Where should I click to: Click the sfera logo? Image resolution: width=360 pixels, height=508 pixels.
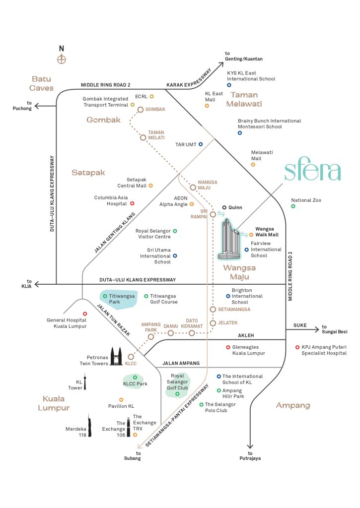pos(312,171)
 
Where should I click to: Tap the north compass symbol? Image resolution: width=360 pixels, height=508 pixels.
pos(62,60)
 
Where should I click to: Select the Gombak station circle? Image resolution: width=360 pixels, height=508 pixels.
pos(141,110)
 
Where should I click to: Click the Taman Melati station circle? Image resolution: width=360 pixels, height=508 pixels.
pos(143,137)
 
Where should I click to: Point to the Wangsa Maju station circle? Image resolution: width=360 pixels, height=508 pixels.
pos(193,188)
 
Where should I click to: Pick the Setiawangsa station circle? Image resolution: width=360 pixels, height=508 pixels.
pos(213,309)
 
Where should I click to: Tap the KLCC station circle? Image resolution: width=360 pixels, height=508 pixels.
pos(131,356)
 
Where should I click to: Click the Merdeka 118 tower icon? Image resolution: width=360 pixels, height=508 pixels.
pos(90,426)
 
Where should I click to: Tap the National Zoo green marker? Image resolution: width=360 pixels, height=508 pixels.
pos(293,206)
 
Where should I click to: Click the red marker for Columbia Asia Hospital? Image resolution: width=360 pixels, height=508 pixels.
pos(132,203)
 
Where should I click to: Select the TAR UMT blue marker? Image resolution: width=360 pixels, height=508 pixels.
pos(201,144)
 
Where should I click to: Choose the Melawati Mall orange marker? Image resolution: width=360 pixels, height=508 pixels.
pos(253,164)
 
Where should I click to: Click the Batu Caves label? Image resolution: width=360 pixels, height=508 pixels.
pos(41,83)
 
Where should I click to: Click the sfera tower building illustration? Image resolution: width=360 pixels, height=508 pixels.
pos(229,239)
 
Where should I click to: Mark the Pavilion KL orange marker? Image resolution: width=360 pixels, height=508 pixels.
pos(121,400)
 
